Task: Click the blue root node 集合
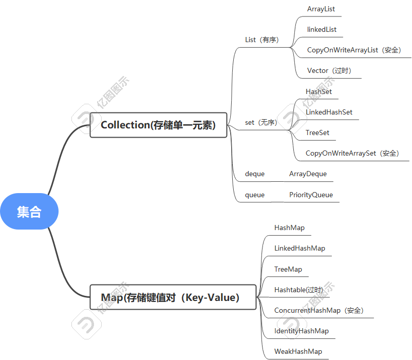coord(29,211)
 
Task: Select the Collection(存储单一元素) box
coord(158,125)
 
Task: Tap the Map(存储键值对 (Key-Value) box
coord(173,297)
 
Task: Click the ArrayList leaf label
coord(321,9)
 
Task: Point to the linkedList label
coord(322,29)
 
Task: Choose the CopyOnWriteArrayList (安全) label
coord(354,50)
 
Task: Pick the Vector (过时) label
coord(329,70)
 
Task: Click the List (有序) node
coord(262,40)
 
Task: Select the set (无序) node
coord(261,122)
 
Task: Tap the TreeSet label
coord(317,132)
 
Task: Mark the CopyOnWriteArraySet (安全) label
coord(352,153)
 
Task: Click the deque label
coord(255,174)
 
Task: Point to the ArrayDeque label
coord(308,174)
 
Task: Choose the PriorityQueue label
coord(311,195)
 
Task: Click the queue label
coord(255,195)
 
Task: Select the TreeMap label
coord(288,269)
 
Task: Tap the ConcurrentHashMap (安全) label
coord(319,310)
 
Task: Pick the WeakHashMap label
coord(298,351)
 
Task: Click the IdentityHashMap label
coord(302,331)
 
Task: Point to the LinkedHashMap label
coord(299,248)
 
